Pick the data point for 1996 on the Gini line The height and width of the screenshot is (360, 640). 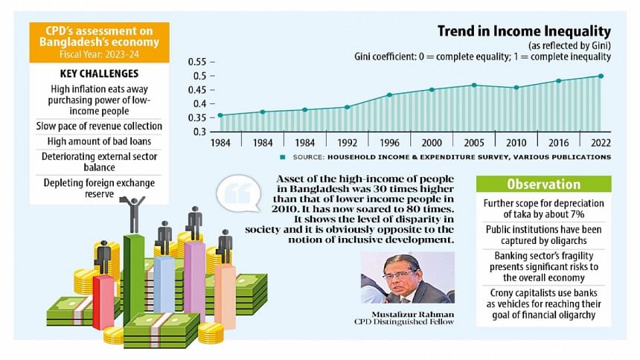coord(388,94)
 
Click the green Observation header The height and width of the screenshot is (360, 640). coord(543,184)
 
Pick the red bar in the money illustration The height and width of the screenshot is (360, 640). coord(103,300)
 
